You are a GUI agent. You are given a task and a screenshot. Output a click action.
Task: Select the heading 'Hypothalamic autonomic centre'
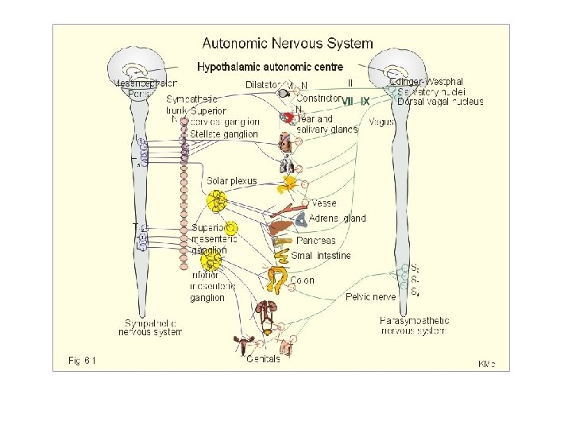[x=270, y=67]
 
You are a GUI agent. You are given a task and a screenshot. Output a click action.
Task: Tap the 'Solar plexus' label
[x=231, y=181]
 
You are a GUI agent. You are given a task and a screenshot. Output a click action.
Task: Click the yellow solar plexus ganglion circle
[x=215, y=199]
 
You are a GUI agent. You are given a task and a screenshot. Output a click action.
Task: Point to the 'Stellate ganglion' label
[x=224, y=134]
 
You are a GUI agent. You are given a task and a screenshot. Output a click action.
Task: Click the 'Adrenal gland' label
[x=337, y=218]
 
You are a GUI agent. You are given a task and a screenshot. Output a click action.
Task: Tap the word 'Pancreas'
[x=316, y=240]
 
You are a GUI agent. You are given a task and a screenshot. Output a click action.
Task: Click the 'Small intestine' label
[x=320, y=256]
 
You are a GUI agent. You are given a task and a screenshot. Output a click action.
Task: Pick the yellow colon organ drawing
[x=278, y=279]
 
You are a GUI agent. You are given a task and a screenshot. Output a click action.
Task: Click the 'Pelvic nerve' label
[x=370, y=297]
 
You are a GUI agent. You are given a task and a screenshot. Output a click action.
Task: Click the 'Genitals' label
[x=263, y=359]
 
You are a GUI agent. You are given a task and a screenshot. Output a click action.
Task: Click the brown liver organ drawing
[x=279, y=230]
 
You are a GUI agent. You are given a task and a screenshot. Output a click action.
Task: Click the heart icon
[x=284, y=143]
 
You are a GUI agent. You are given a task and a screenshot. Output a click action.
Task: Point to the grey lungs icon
[x=288, y=165]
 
